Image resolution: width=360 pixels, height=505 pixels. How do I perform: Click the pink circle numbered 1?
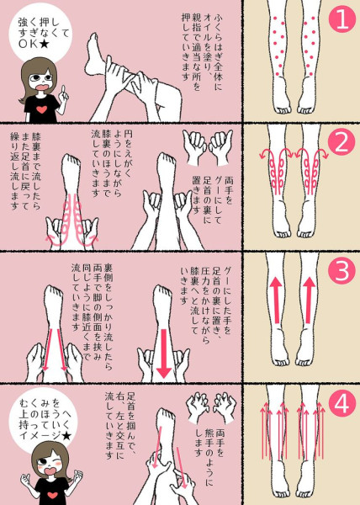click(x=341, y=19)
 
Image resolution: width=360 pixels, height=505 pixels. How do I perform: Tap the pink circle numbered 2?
click(x=341, y=142)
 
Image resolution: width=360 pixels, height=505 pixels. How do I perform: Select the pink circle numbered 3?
click(x=341, y=270)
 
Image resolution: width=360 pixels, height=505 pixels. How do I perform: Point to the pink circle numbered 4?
click(x=341, y=404)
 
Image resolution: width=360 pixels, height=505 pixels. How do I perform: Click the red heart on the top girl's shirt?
click(x=41, y=109)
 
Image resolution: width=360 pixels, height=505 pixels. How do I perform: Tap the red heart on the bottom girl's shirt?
click(x=52, y=495)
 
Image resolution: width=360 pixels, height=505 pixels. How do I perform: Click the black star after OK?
click(x=44, y=44)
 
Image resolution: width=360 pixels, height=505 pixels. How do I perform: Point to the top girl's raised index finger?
click(x=63, y=90)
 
